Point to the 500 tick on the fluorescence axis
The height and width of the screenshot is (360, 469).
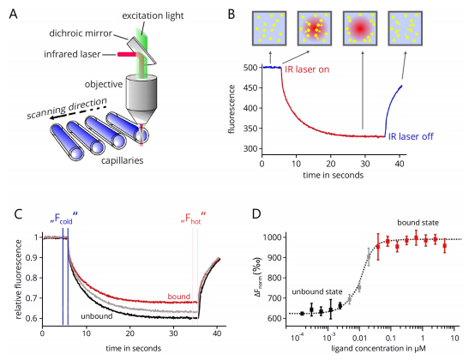(x=251, y=67)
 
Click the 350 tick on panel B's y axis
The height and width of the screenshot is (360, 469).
(x=251, y=129)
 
